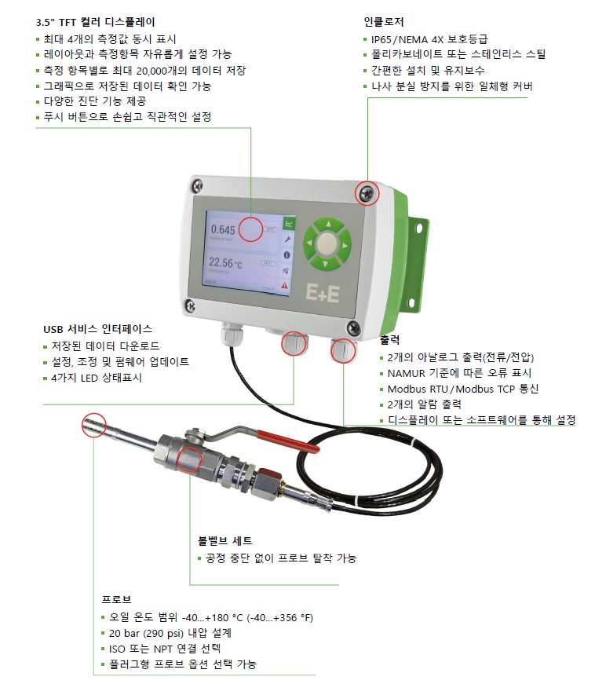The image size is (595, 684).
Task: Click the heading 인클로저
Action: [x=384, y=22]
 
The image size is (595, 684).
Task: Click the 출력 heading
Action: [x=389, y=340]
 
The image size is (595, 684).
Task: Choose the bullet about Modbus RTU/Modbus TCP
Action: [x=463, y=389]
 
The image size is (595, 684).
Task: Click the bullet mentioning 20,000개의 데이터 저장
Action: [x=144, y=71]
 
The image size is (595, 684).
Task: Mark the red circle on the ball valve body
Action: [x=190, y=459]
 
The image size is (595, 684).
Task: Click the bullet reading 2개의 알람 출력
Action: [x=425, y=404]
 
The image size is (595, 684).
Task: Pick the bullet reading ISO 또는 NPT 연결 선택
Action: [x=165, y=649]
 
